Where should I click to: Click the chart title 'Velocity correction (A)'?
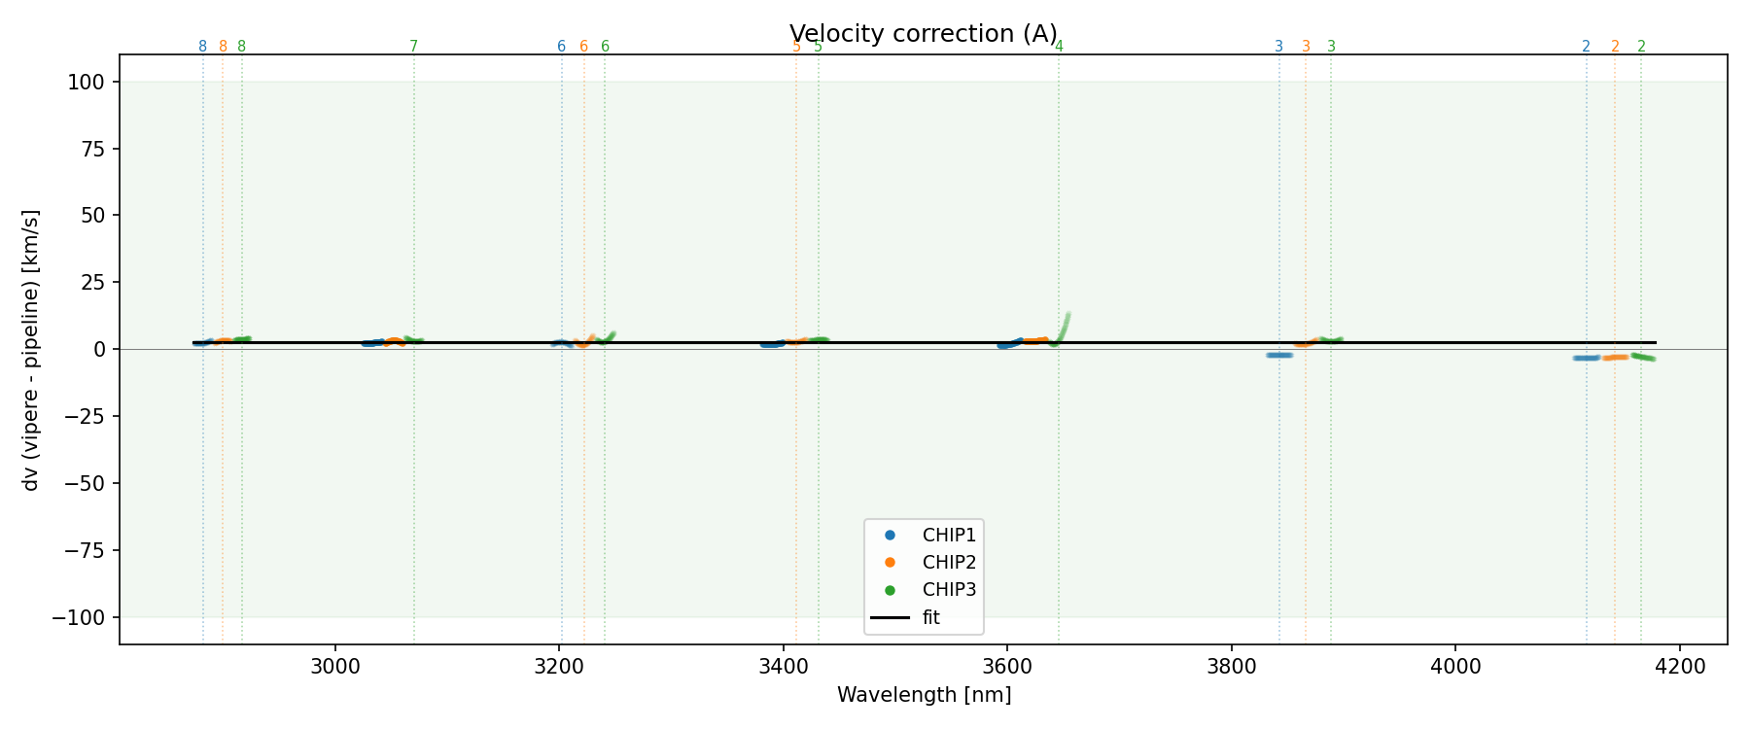coord(923,34)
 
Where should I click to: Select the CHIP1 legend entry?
coord(948,535)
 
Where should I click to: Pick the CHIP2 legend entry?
coord(948,562)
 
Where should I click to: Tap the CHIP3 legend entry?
coord(948,589)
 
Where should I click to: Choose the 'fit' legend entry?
coord(930,617)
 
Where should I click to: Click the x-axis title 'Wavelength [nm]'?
coord(924,695)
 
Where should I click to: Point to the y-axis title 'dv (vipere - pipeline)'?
coord(31,349)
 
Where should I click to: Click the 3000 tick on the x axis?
coord(335,667)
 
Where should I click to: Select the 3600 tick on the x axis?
coord(1007,667)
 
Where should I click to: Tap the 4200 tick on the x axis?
coord(1680,667)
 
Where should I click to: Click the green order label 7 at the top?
coord(413,47)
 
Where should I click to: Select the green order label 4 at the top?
coord(1059,47)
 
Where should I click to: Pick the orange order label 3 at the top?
coord(1306,47)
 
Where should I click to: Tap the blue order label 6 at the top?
coord(561,47)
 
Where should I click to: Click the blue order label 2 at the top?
coord(1586,47)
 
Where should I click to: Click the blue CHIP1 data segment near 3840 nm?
coord(1279,355)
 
